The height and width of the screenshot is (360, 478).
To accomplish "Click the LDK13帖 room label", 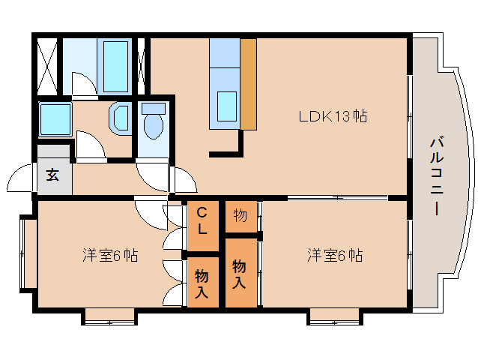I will (x=333, y=116).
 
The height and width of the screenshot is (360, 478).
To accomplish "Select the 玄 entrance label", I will (x=52, y=176).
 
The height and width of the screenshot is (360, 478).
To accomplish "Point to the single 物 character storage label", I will (x=240, y=215).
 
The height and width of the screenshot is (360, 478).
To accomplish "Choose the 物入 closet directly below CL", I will (x=202, y=281).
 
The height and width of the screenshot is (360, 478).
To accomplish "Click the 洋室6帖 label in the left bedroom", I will (x=109, y=255).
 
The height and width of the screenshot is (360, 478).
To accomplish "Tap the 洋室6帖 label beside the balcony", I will (x=334, y=255).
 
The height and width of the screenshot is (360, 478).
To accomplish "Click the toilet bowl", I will (x=154, y=122).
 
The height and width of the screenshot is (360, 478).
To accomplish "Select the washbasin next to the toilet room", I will (x=120, y=118).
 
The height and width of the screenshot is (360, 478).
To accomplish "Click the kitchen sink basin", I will (x=225, y=104).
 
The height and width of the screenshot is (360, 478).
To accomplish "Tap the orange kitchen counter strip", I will (x=248, y=82).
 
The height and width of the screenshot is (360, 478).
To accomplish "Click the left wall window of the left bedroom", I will (x=27, y=253).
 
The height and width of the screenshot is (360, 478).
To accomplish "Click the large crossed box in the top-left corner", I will (x=47, y=65).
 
